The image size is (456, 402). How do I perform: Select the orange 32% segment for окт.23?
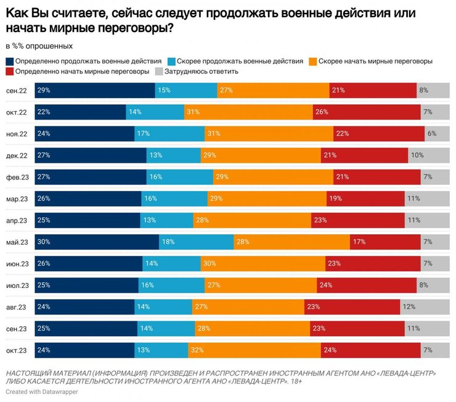point(254,350)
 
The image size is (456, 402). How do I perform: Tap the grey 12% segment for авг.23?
point(425,307)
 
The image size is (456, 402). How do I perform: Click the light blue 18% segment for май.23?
point(196,242)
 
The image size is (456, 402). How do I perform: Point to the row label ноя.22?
point(17,134)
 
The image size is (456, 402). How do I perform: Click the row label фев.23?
point(17,178)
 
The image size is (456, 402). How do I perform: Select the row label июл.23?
point(17,285)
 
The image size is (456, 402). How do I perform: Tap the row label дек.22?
point(17,155)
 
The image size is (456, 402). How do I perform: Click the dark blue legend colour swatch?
point(10,62)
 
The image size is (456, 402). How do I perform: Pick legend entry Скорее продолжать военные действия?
point(239,62)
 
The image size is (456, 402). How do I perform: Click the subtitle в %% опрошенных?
point(39,46)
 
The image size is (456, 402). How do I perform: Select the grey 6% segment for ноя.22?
point(438,134)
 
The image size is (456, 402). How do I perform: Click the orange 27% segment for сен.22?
point(273,91)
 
